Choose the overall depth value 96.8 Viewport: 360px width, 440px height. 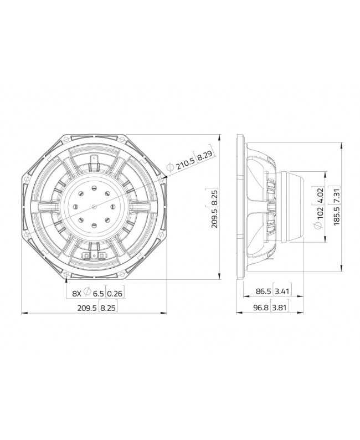(258, 308)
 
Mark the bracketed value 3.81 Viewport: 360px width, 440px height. (281, 308)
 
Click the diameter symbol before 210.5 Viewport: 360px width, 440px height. (171, 167)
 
